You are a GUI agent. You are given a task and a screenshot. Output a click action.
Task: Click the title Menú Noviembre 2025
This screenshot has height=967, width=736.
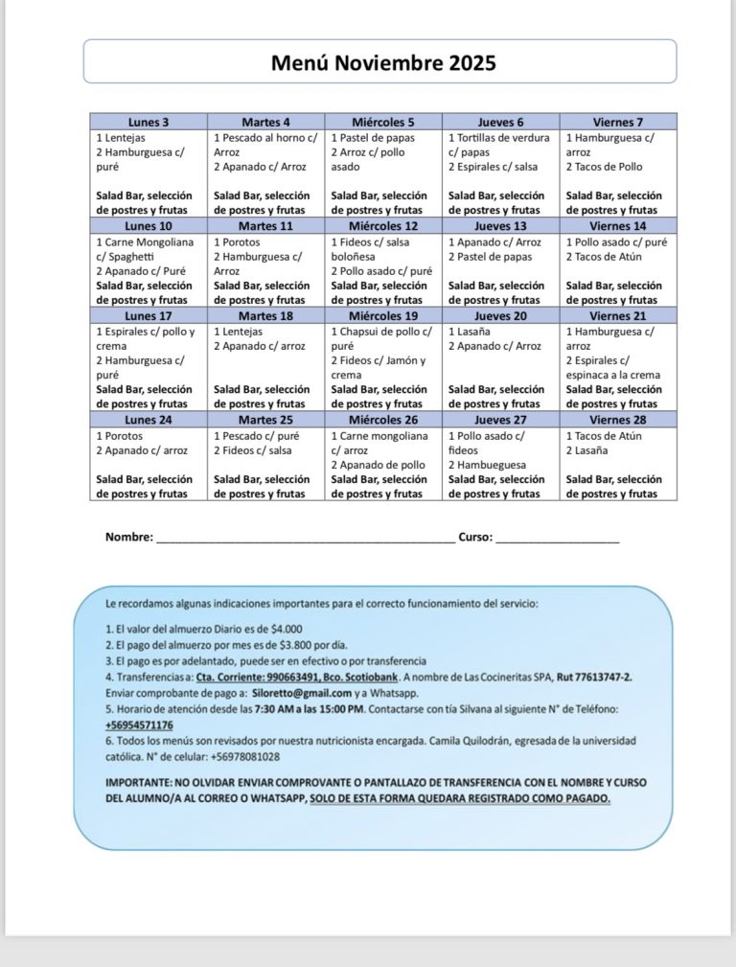[x=382, y=64]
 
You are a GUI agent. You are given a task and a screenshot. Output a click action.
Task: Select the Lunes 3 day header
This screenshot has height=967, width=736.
[x=149, y=122]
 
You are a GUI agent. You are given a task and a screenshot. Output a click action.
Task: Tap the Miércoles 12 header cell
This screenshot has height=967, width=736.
[x=383, y=226]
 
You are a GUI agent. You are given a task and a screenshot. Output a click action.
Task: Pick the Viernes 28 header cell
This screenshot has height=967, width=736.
[x=618, y=419]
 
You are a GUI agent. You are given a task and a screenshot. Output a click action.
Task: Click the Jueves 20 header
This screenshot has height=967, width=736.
[x=500, y=315]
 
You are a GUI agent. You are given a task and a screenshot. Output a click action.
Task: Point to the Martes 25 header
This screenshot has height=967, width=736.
[x=265, y=419]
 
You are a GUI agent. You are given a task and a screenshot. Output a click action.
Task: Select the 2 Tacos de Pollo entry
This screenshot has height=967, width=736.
[x=604, y=167]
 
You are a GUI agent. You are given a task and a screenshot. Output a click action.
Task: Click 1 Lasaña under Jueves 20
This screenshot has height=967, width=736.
[x=471, y=331]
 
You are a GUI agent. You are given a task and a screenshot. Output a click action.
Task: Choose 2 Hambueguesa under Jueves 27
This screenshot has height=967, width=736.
[x=488, y=466]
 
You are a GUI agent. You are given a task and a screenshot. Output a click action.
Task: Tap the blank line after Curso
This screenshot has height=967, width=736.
[x=558, y=540]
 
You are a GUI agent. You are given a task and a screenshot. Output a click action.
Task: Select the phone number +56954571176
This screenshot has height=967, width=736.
[x=139, y=725]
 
